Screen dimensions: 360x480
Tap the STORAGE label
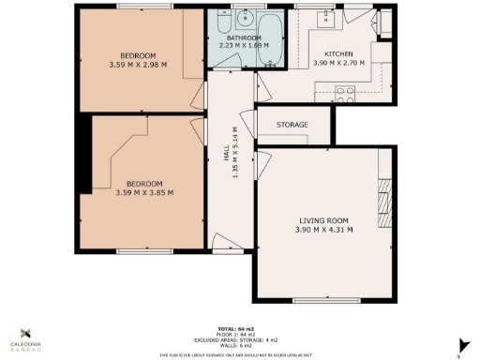click(x=292, y=125)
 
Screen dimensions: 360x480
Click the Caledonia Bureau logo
click(x=25, y=338)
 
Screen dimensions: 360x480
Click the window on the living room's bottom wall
click(x=316, y=299)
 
